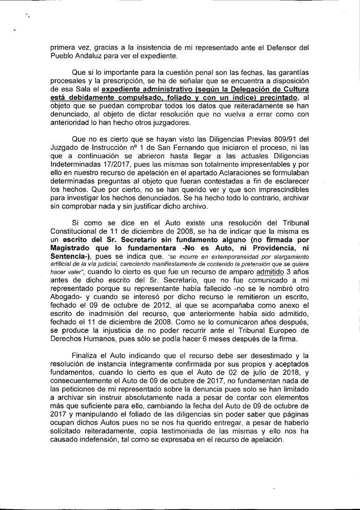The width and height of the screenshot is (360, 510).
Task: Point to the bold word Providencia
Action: [x=266, y=249]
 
